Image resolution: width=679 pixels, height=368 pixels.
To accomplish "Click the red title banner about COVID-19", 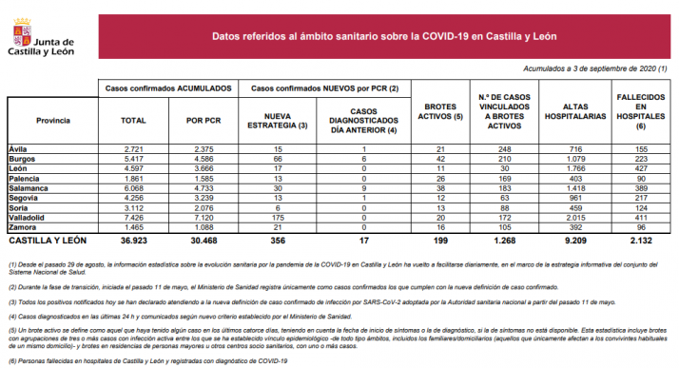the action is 385,37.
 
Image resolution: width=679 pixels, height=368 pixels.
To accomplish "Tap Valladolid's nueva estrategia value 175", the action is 277,218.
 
